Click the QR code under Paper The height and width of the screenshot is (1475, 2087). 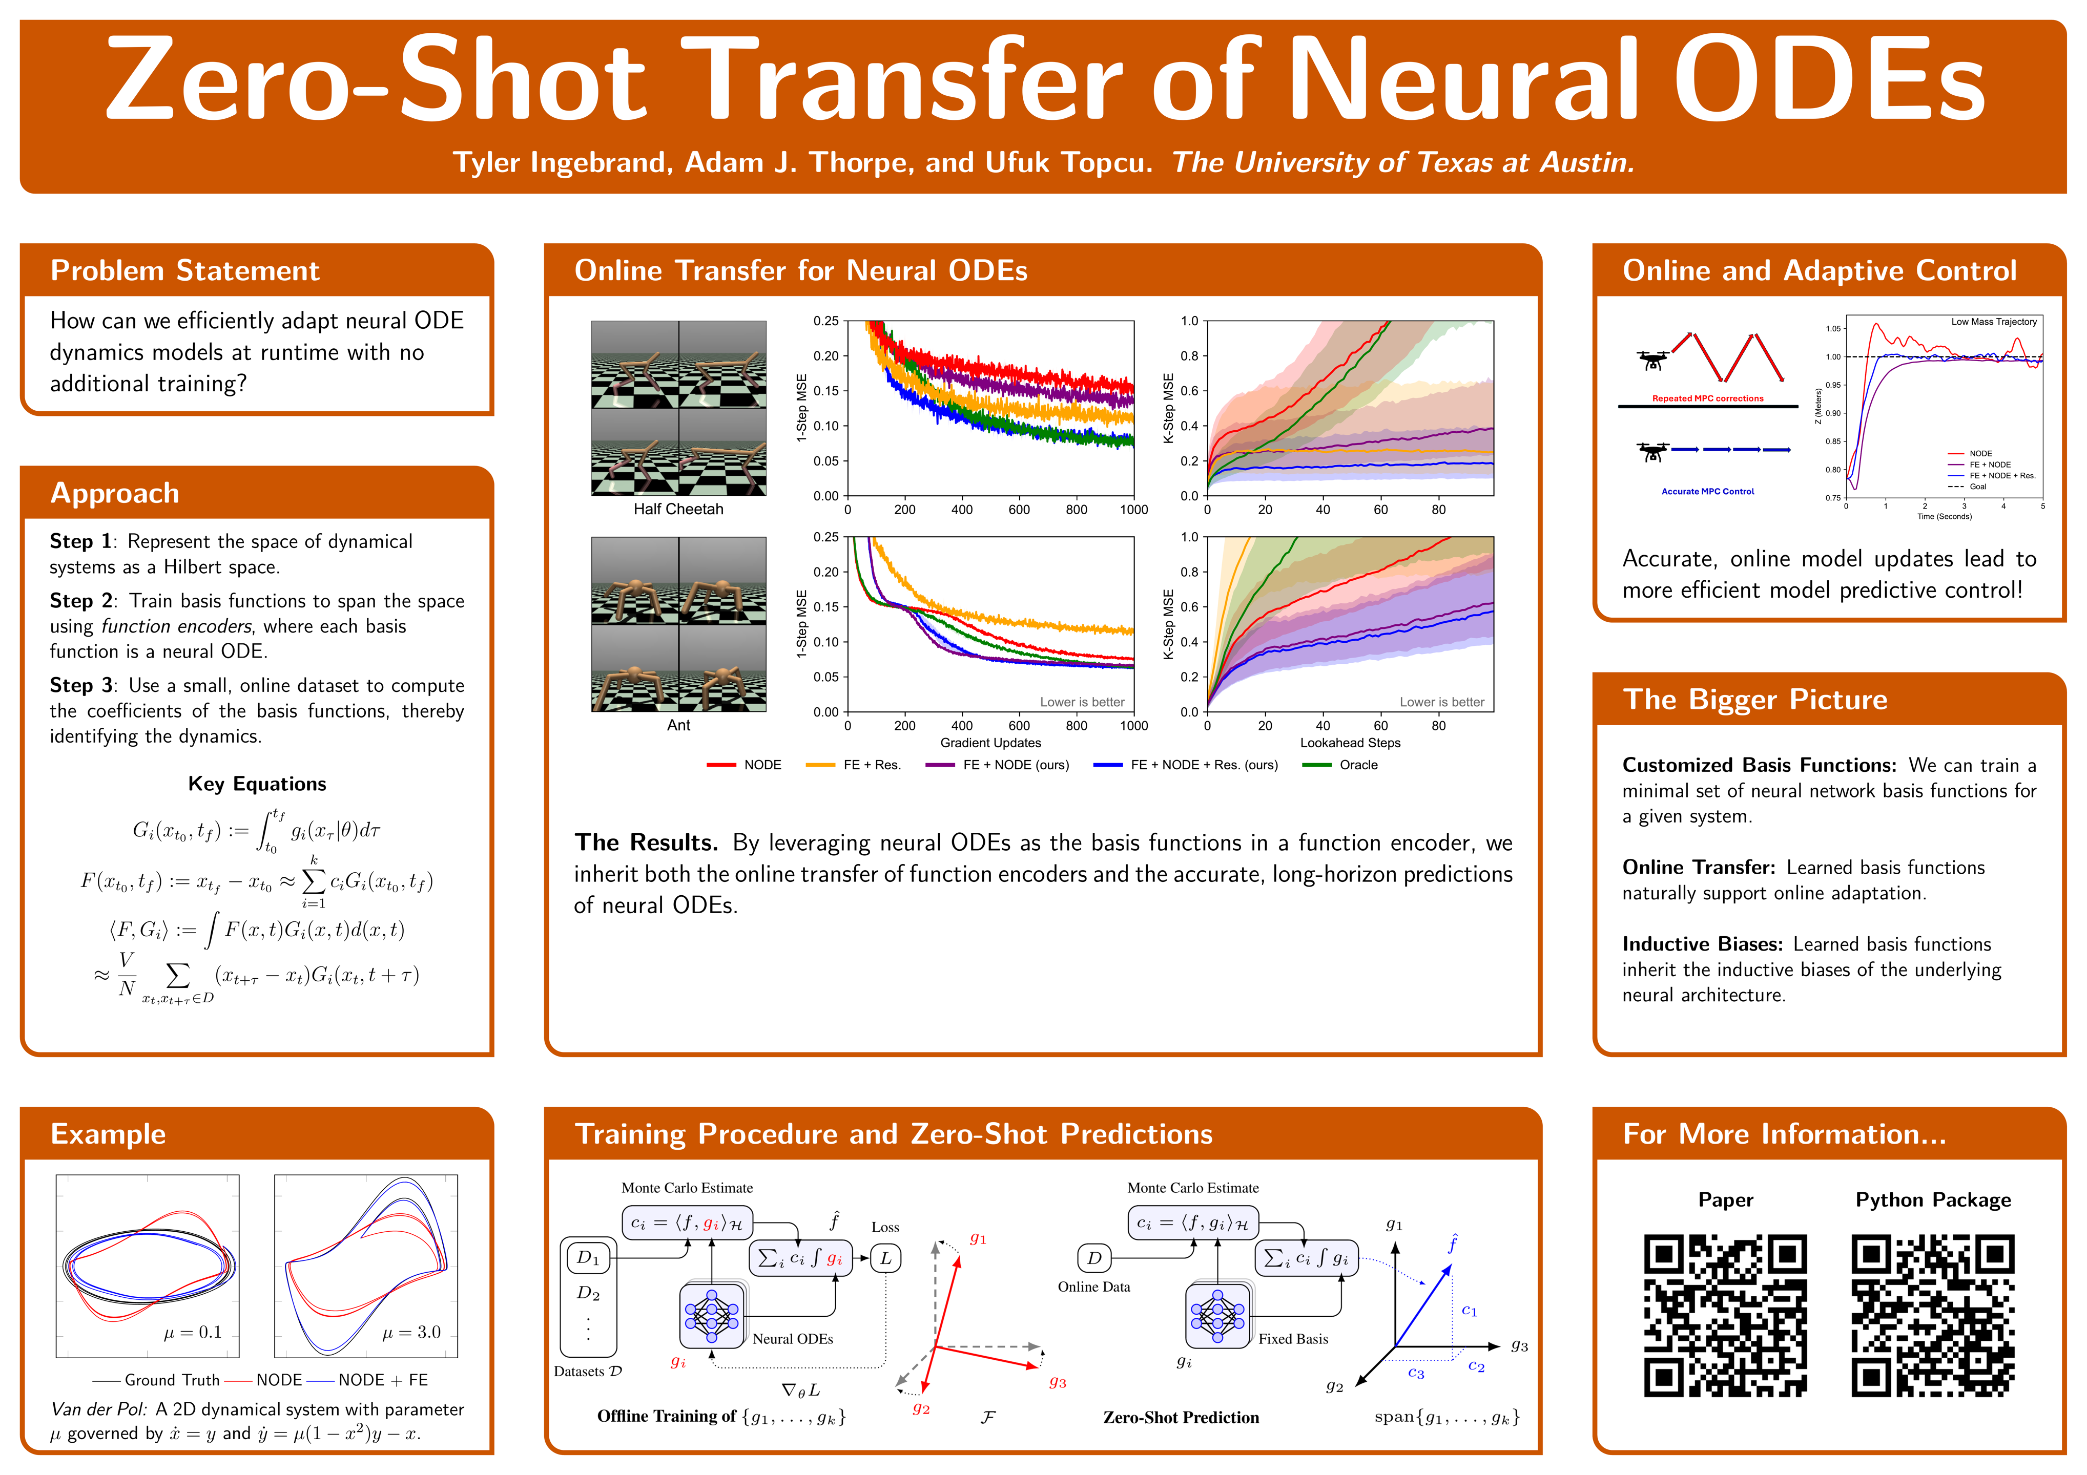[1724, 1314]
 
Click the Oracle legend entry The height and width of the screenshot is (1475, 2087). [1358, 765]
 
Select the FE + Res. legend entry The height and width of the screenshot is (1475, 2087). [871, 765]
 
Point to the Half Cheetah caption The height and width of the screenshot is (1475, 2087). [678, 509]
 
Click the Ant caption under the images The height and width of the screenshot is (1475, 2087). [678, 725]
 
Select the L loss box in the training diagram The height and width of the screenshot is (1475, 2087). [885, 1259]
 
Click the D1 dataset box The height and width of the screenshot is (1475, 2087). [588, 1258]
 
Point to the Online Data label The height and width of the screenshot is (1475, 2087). [1093, 1287]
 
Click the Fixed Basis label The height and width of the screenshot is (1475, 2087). [1293, 1339]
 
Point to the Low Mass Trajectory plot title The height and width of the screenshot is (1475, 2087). [1993, 322]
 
